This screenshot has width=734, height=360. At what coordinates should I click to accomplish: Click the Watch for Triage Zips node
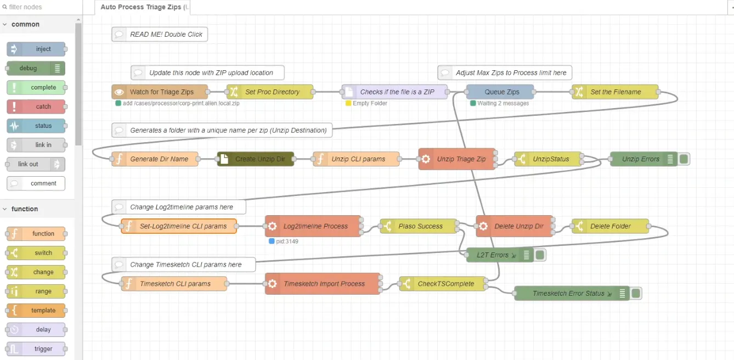160,92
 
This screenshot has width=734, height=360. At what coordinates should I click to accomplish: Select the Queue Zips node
500,92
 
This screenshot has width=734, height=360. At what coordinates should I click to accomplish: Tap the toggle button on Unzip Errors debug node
684,159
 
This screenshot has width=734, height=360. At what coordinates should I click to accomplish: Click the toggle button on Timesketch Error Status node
636,294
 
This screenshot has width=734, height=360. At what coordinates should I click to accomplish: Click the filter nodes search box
41,7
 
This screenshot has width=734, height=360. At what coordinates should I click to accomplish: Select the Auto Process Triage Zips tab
142,7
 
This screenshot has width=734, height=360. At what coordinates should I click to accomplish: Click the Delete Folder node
610,226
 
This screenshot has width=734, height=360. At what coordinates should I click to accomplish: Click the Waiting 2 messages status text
502,103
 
